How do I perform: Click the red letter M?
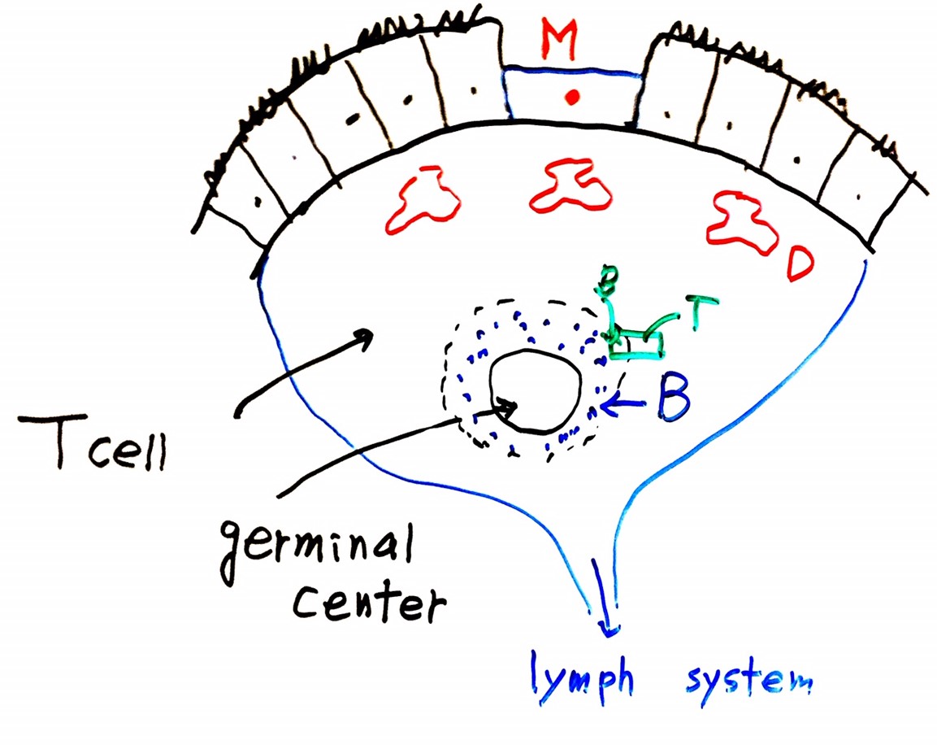pyautogui.click(x=559, y=41)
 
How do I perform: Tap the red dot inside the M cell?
pyautogui.click(x=572, y=98)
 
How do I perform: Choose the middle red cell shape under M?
pyautogui.click(x=570, y=185)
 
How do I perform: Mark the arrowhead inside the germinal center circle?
pyautogui.click(x=510, y=404)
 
